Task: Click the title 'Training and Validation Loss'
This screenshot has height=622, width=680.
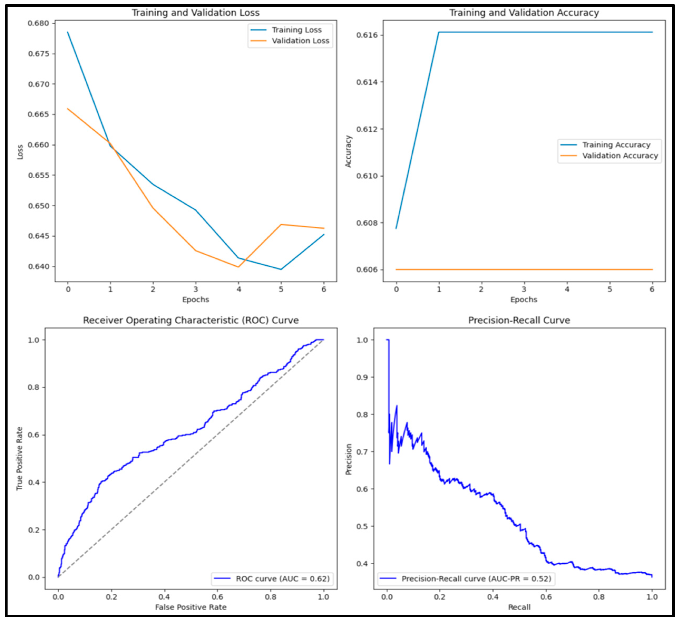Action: [x=195, y=13]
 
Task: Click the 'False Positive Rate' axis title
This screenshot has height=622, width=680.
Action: [x=191, y=607]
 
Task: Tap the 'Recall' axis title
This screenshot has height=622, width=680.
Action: [x=519, y=607]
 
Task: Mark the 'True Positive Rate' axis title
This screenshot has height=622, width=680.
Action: [x=20, y=459]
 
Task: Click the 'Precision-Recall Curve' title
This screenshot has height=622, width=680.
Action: [x=519, y=320]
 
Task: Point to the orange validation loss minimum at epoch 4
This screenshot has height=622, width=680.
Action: [x=239, y=267]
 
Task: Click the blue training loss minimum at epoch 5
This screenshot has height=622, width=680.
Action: [x=281, y=269]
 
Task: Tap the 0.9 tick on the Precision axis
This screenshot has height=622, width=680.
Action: [x=362, y=377]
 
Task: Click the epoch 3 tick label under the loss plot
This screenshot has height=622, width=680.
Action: [x=196, y=289]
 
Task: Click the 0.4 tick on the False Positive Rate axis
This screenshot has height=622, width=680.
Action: [x=164, y=597]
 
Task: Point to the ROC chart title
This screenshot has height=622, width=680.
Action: [x=191, y=320]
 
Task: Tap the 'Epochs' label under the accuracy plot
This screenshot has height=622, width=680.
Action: [x=524, y=300]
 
